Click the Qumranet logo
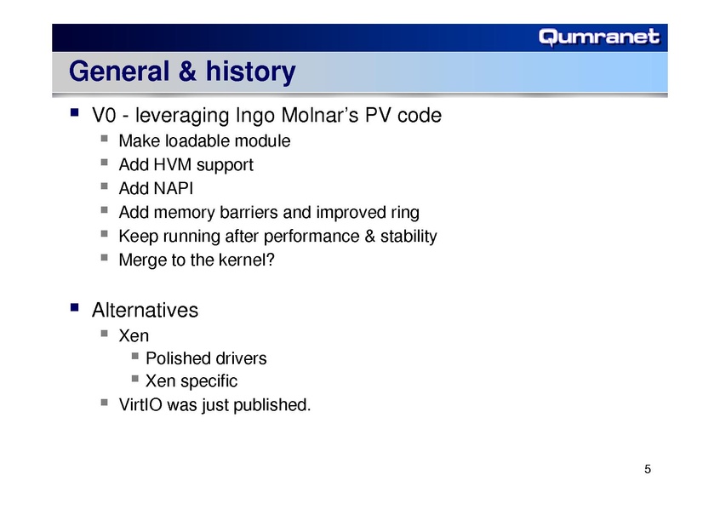coord(599,37)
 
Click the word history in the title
coord(251,72)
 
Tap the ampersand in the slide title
coord(187,71)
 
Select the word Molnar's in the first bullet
coord(320,115)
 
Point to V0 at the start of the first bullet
coord(104,115)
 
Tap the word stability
coord(409,236)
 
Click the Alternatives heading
coord(145,310)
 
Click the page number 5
coord(648,469)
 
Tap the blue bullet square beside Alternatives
coord(74,307)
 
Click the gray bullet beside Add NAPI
coord(104,186)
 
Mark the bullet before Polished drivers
coord(134,356)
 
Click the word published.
coord(272,405)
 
